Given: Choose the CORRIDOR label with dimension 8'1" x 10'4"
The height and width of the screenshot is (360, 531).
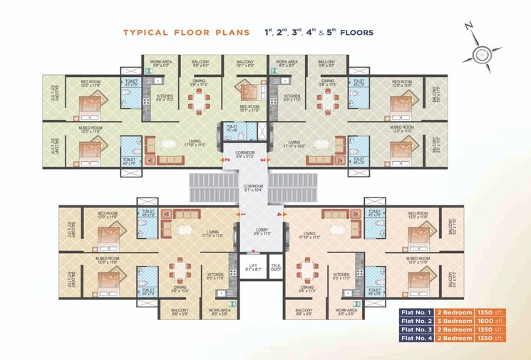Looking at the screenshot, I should click(254, 187).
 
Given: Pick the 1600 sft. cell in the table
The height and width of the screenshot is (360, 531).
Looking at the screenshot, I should click(491, 321).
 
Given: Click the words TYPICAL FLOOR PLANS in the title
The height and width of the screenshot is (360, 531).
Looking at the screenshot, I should click(186, 33).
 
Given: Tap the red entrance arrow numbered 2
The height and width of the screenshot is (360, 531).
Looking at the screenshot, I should click(227, 160).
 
